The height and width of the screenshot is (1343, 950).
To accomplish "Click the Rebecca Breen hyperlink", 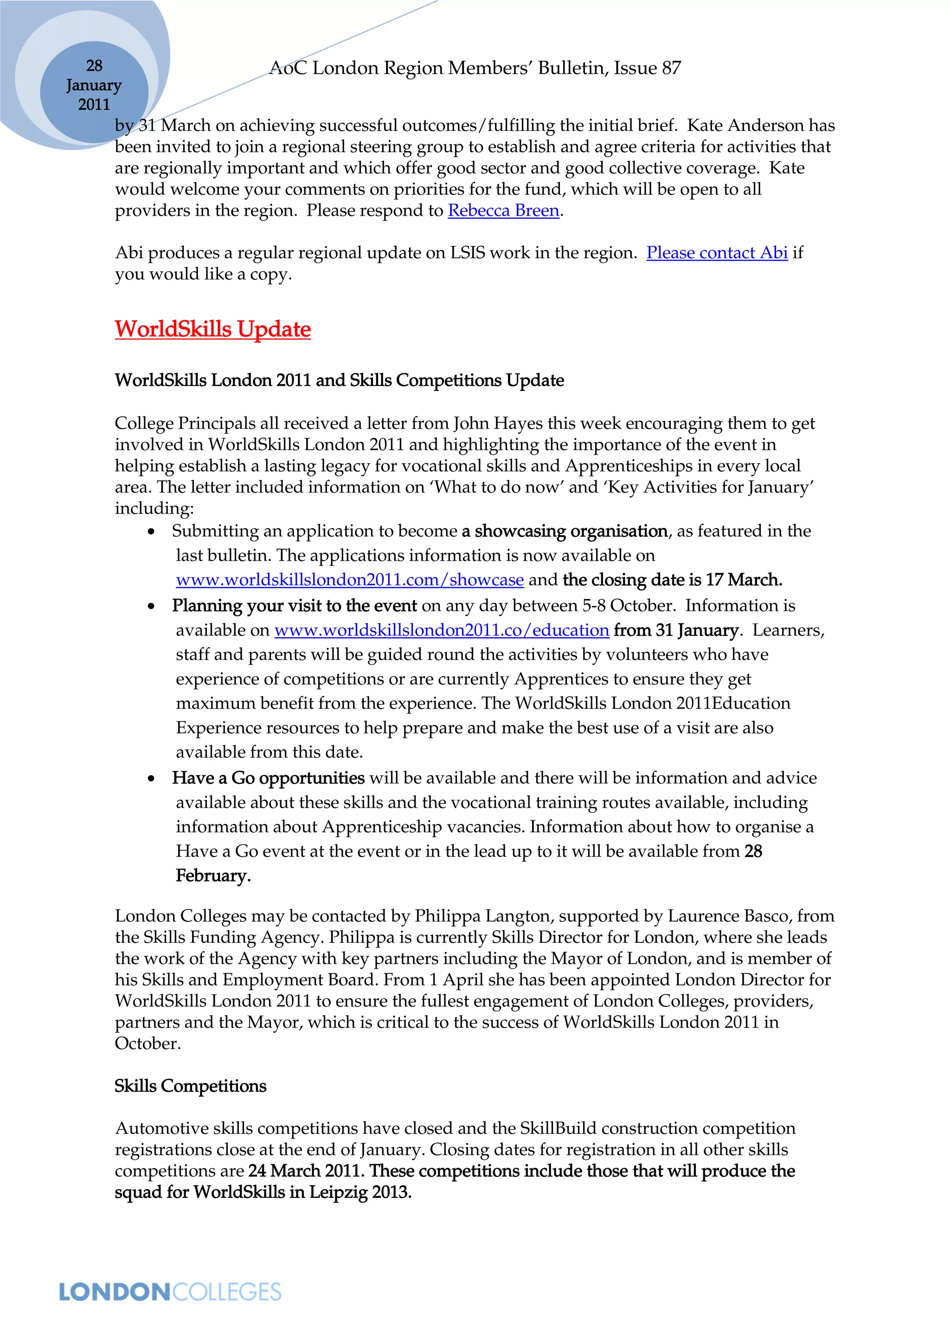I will click(x=503, y=211).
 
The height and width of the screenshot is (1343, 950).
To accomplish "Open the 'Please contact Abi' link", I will click(x=717, y=253).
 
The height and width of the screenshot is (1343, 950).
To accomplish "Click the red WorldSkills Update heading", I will click(x=212, y=329).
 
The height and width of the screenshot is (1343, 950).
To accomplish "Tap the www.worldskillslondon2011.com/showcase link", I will click(x=349, y=580).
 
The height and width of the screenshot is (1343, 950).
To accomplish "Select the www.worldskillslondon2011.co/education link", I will click(x=442, y=630).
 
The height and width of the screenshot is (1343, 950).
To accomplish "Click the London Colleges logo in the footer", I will click(x=170, y=1292).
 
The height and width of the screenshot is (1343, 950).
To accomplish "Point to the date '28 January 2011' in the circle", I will click(x=94, y=85).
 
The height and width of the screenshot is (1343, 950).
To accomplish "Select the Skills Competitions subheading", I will click(x=190, y=1086).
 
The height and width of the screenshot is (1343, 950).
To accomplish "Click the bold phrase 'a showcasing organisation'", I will click(x=565, y=531).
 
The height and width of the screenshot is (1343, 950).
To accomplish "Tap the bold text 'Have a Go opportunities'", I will click(x=268, y=778).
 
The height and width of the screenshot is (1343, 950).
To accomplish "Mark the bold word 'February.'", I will click(x=213, y=876).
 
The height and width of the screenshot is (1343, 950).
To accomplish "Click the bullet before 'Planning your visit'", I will click(x=152, y=606).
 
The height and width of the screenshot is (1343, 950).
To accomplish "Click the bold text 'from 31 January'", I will click(x=676, y=630).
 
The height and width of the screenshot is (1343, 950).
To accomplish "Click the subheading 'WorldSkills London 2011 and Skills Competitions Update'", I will click(x=339, y=380).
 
